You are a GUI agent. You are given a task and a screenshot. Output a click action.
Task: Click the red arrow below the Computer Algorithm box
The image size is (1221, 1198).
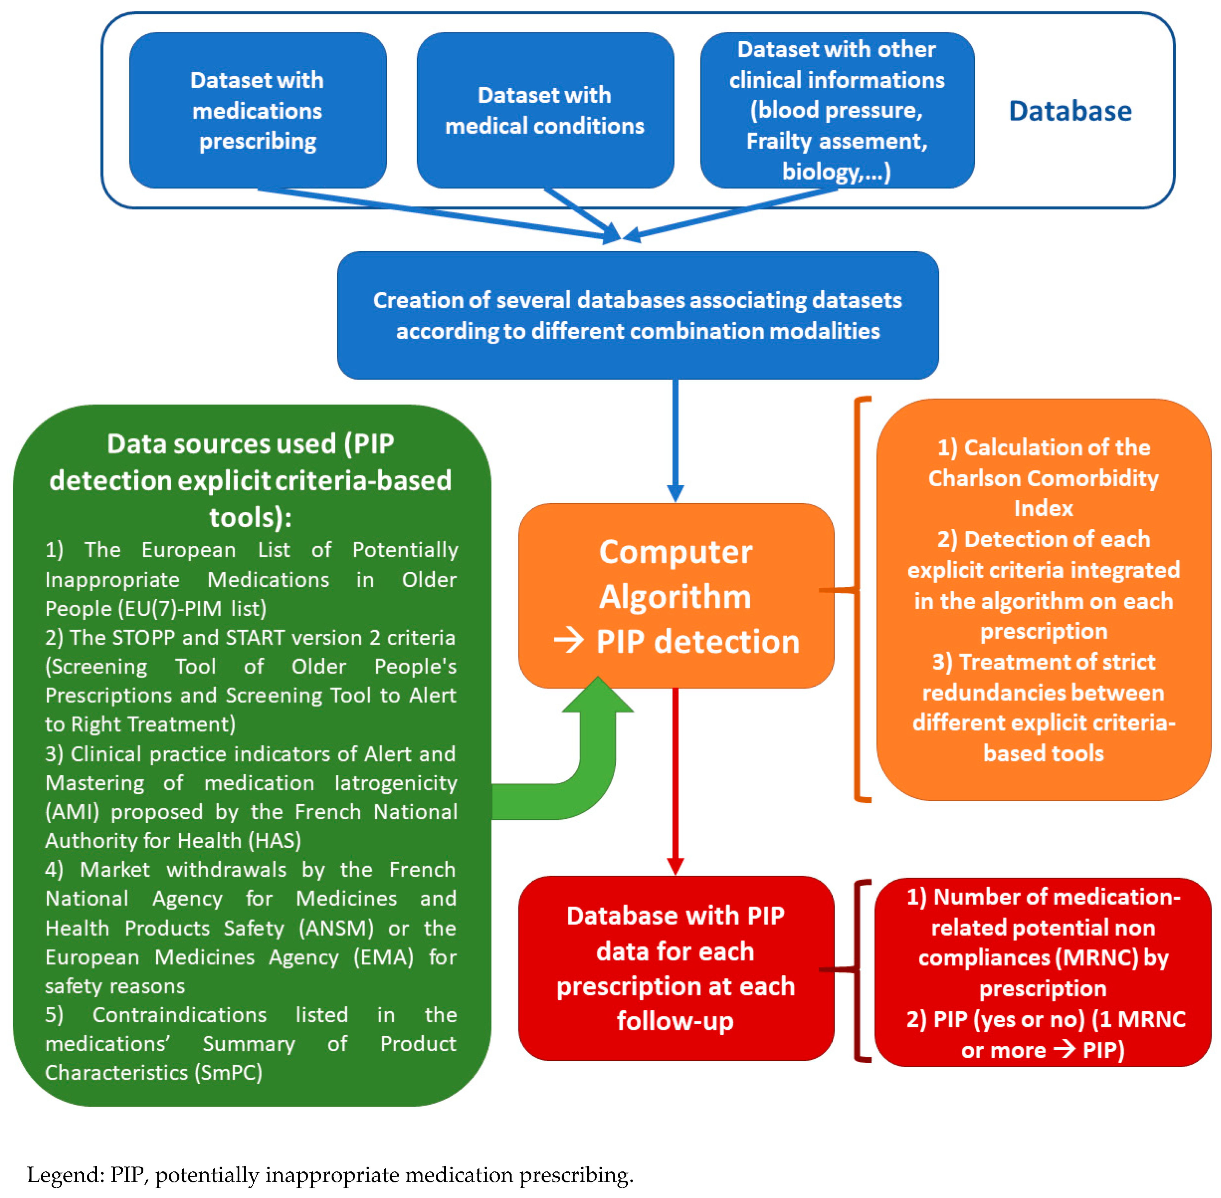[x=675, y=780]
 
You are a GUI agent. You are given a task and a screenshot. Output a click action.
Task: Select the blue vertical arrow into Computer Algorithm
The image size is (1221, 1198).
[x=675, y=441]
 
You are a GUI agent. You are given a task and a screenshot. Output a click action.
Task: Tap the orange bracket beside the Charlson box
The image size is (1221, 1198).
[x=856, y=598]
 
